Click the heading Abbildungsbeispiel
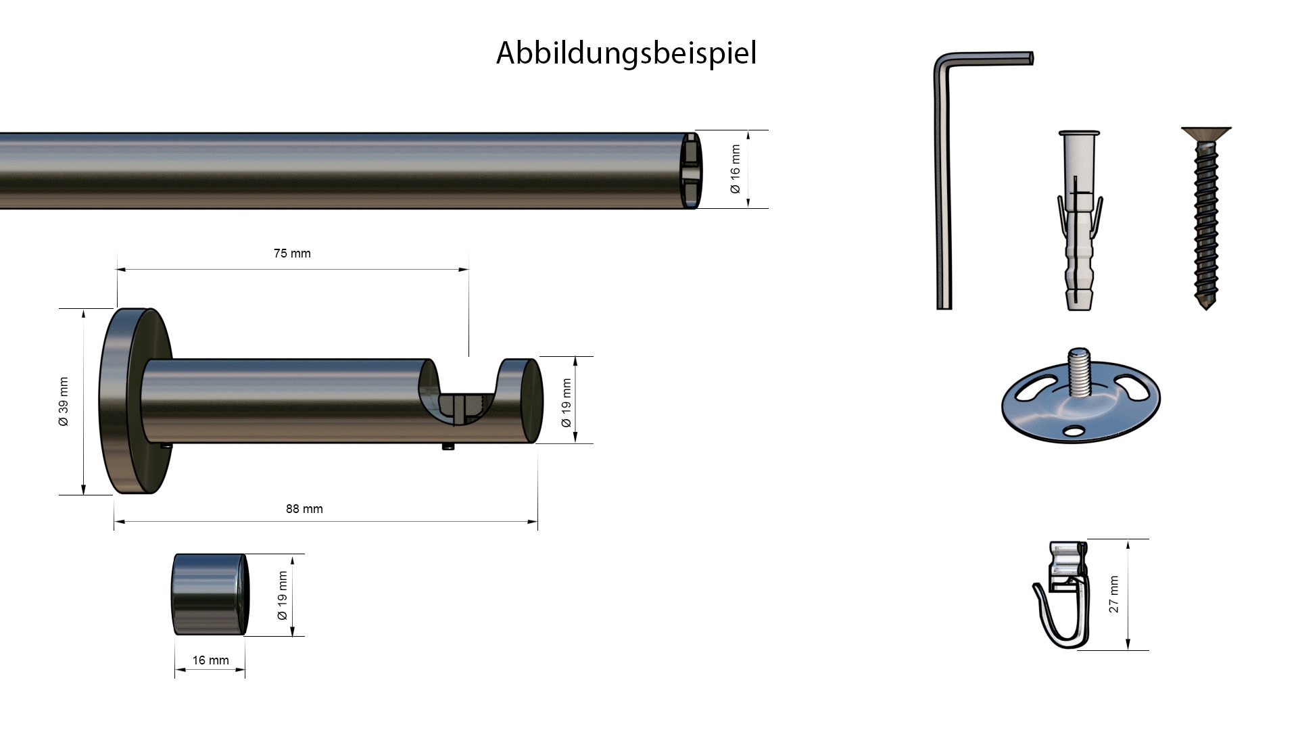[x=626, y=53]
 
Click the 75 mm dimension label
[x=292, y=253]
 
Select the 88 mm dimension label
[x=304, y=509]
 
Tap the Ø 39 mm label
[x=64, y=401]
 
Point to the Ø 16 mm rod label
[x=736, y=169]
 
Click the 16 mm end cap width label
[x=210, y=660]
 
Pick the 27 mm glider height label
[x=1114, y=594]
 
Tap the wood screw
[x=1207, y=223]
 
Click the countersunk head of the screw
[x=1207, y=134]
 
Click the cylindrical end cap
[x=210, y=595]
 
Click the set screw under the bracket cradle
[x=448, y=447]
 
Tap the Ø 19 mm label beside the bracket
[x=567, y=403]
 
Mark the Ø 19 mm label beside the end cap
[x=283, y=595]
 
